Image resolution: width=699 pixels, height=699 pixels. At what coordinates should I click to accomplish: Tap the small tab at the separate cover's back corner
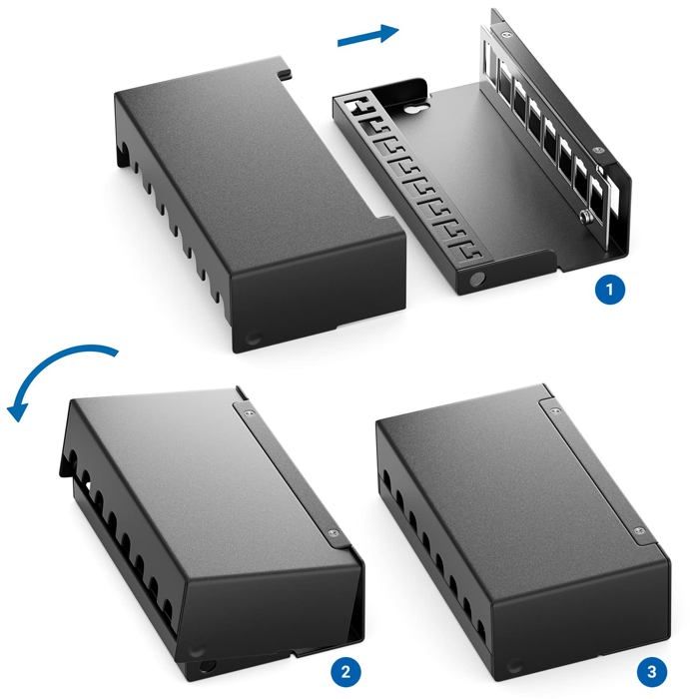(x=285, y=72)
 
